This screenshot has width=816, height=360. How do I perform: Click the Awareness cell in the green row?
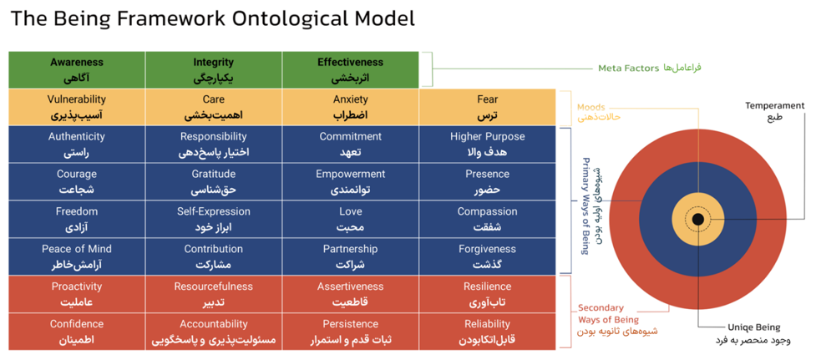click(x=77, y=70)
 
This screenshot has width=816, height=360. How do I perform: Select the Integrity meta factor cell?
click(x=214, y=70)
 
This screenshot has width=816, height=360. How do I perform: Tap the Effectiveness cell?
click(x=350, y=70)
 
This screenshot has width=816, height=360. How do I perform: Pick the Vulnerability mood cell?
click(x=77, y=107)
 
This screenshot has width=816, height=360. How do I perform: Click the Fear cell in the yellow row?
click(x=487, y=107)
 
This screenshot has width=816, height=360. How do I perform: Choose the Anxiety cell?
click(x=350, y=107)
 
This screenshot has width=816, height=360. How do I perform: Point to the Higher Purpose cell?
click(x=487, y=145)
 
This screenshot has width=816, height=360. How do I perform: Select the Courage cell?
click(x=77, y=182)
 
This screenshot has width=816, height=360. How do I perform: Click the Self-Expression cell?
click(x=214, y=220)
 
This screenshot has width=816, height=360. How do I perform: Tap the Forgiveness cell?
click(x=487, y=257)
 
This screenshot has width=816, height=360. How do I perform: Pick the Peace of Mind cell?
click(x=77, y=257)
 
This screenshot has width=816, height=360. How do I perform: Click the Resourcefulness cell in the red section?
click(x=214, y=294)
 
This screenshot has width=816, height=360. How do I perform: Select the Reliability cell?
click(x=487, y=332)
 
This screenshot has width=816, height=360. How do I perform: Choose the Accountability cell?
click(x=214, y=332)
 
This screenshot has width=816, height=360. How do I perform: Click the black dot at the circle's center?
click(x=697, y=220)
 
